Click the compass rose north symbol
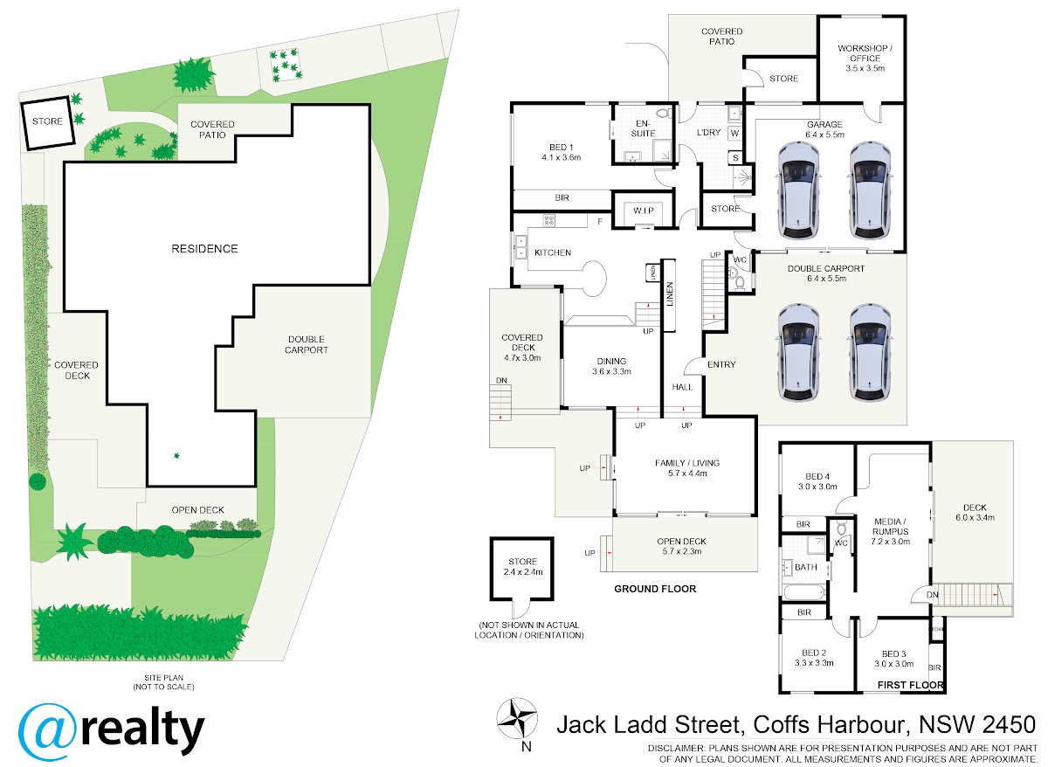tap(516, 719)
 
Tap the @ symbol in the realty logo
tap(47, 731)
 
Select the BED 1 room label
tap(561, 152)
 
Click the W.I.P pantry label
tap(644, 211)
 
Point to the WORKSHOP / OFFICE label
tap(865, 58)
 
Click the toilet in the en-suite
tap(663, 114)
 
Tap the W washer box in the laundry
tap(734, 134)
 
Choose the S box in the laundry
tap(735, 158)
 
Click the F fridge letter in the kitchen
tap(600, 221)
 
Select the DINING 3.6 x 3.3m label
tap(611, 366)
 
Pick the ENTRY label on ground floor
tap(721, 364)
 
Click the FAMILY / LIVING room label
tap(687, 468)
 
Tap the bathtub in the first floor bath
tap(803, 593)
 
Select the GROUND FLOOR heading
tap(655, 589)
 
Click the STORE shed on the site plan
tap(48, 122)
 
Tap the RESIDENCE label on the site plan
tap(204, 248)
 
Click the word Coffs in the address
tap(781, 725)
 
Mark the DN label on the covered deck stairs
tap(501, 381)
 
